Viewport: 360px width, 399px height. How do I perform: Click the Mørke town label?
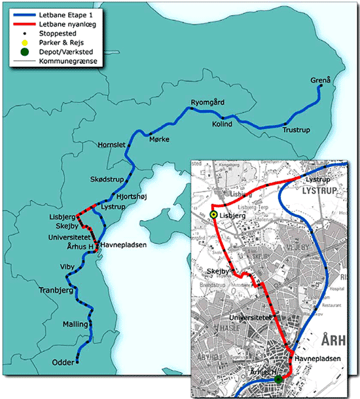coord(159,140)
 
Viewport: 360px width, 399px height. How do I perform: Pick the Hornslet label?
coord(110,144)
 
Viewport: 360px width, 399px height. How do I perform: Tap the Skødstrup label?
coord(107,179)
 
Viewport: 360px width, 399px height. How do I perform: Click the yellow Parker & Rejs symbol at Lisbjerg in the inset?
coord(213,215)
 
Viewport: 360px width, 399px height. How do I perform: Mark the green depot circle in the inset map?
coord(278,379)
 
